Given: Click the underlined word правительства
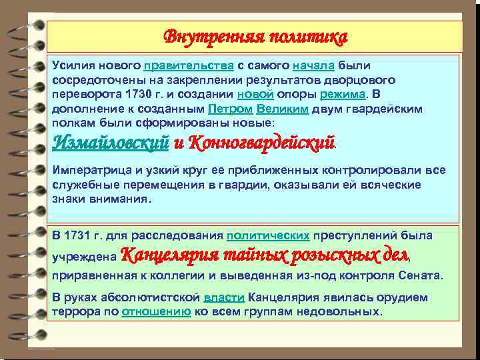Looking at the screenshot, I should tap(188, 66).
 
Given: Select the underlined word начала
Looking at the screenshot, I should tap(313, 66).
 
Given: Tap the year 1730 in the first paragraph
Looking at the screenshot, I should tap(129, 95).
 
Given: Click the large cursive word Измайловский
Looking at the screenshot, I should tap(110, 143).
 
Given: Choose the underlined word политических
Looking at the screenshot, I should tap(268, 235).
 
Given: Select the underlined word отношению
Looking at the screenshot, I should tap(157, 311).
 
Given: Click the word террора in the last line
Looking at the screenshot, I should tap(78, 311).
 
